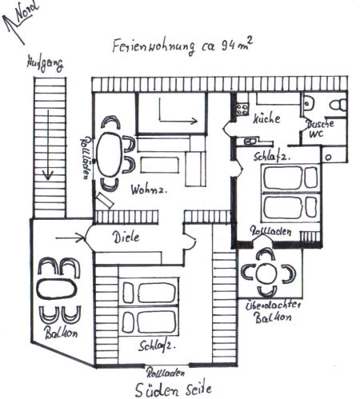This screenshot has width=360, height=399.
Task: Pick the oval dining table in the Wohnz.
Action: [x=111, y=153]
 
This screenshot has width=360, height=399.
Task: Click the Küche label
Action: [x=266, y=119]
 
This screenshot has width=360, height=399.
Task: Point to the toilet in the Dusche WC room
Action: [x=337, y=104]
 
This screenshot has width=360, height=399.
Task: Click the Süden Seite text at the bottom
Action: [x=175, y=389]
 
